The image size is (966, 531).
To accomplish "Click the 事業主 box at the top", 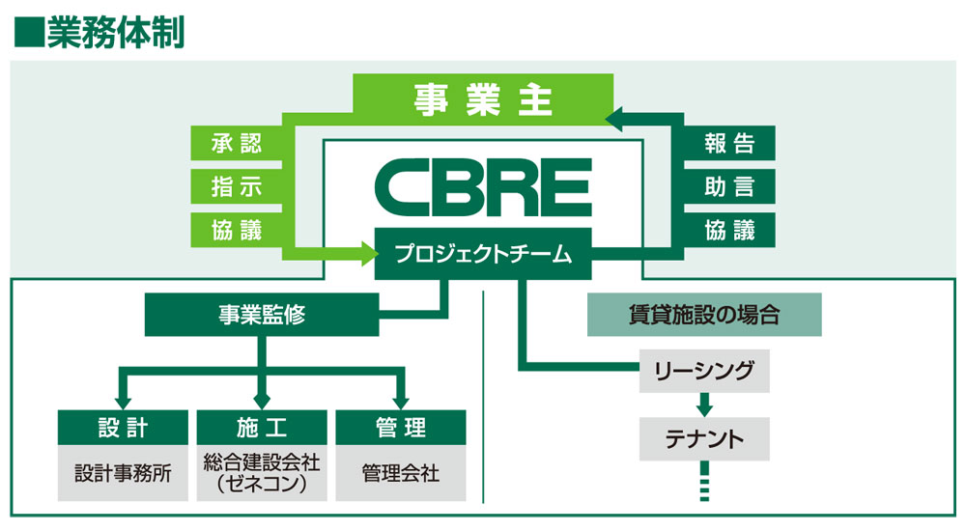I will coord(482,101).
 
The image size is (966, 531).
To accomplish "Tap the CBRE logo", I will coord(482,187).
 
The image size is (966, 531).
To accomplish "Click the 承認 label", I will coord(236,144).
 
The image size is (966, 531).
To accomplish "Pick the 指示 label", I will coord(236,186).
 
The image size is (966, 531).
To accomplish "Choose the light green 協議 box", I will coord(236,229).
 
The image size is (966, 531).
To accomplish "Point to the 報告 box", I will coord(728,144).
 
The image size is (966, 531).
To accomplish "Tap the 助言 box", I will coord(728,186).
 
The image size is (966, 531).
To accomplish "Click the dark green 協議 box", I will coord(728,229).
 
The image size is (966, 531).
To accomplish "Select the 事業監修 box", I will coord(262,316).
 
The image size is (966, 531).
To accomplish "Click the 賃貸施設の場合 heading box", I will coord(704,316).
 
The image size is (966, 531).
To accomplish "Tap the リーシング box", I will coord(704,371).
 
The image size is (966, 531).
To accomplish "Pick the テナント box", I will coord(704,439).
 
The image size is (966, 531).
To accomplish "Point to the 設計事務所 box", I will coord(123,474).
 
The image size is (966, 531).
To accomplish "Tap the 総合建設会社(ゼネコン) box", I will coord(261,473).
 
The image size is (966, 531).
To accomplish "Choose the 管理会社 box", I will coord(400,474).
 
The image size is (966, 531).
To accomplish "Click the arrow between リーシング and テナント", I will coord(704,404).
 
